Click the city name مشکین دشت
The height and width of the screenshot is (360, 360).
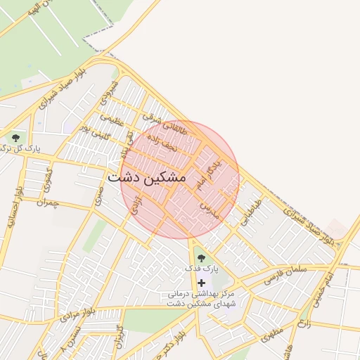(147, 179)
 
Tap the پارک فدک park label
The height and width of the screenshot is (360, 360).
(202, 269)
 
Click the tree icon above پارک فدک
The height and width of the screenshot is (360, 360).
(202, 257)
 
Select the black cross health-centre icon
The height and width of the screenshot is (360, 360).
(202, 282)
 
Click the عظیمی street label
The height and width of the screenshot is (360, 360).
(112, 120)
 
